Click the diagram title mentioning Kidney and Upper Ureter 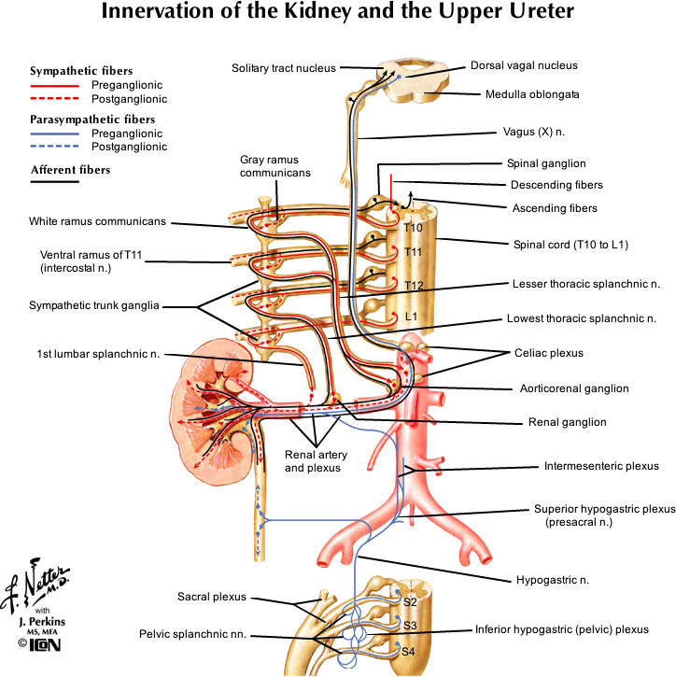click(x=338, y=13)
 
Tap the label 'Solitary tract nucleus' click(x=284, y=67)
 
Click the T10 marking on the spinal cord click(x=414, y=228)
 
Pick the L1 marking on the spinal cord click(x=411, y=317)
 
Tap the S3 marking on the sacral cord click(x=409, y=626)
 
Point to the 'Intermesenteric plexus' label click(x=601, y=466)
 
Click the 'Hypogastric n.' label click(x=552, y=580)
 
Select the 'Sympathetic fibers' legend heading click(x=81, y=70)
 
